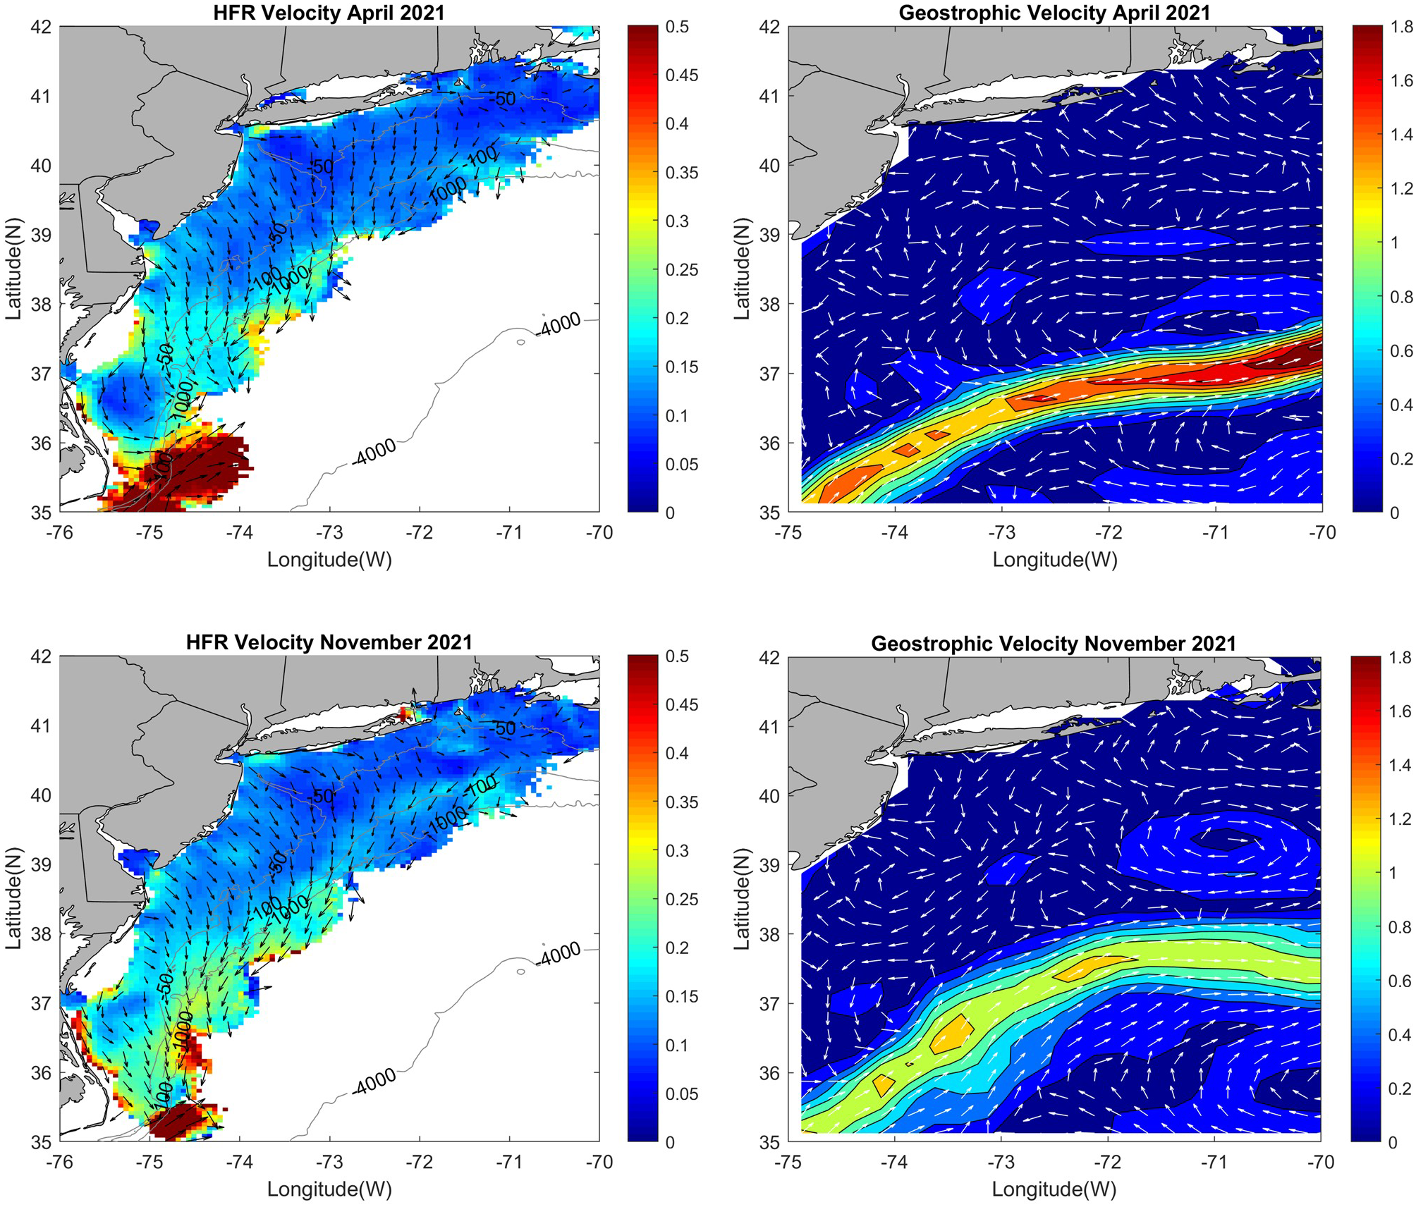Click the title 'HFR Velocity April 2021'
tap(329, 12)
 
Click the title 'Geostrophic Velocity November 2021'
tap(1054, 644)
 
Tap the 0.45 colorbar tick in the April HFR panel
tap(681, 75)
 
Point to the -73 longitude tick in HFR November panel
tap(329, 1162)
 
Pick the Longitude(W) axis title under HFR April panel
tap(329, 560)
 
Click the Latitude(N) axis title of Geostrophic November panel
tap(741, 898)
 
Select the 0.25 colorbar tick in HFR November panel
tap(681, 899)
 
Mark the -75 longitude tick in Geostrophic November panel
tap(788, 1162)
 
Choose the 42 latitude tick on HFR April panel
tap(42, 27)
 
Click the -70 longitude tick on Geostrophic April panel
tap(1322, 532)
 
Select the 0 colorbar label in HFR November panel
tap(670, 1141)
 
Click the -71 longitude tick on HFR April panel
tap(509, 532)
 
